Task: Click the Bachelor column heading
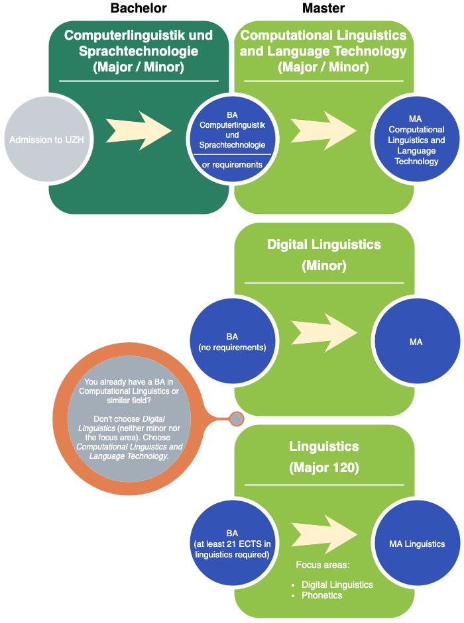(x=139, y=9)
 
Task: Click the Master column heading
(x=323, y=9)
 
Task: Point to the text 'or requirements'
(x=232, y=164)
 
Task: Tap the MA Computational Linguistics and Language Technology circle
(x=416, y=140)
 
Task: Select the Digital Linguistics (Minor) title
(x=323, y=255)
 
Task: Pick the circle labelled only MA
(x=416, y=342)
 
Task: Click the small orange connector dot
(x=235, y=418)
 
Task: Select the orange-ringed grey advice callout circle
(x=130, y=418)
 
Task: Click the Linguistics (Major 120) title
(x=323, y=457)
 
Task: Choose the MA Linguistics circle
(x=416, y=544)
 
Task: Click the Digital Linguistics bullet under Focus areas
(x=336, y=585)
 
